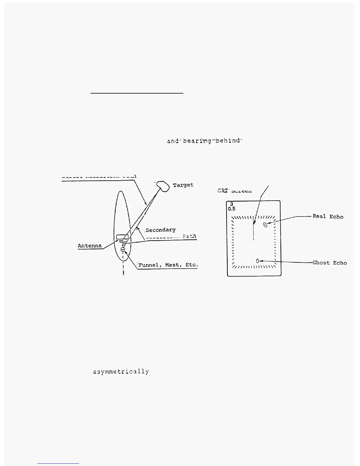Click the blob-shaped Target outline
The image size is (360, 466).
(x=163, y=186)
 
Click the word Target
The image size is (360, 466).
(x=183, y=185)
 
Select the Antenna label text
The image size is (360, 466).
(x=90, y=246)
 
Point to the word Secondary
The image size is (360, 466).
(x=161, y=230)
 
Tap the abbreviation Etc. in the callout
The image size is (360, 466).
(x=191, y=265)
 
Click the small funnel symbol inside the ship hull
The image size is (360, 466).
(x=123, y=249)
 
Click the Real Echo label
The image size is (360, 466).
(x=328, y=217)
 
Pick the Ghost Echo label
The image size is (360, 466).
(x=329, y=263)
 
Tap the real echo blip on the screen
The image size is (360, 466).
(x=265, y=225)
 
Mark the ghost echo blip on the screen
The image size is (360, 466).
(x=258, y=261)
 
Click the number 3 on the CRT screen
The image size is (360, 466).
(x=231, y=204)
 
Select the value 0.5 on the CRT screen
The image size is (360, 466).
(x=232, y=209)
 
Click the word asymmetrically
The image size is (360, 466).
(x=121, y=372)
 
